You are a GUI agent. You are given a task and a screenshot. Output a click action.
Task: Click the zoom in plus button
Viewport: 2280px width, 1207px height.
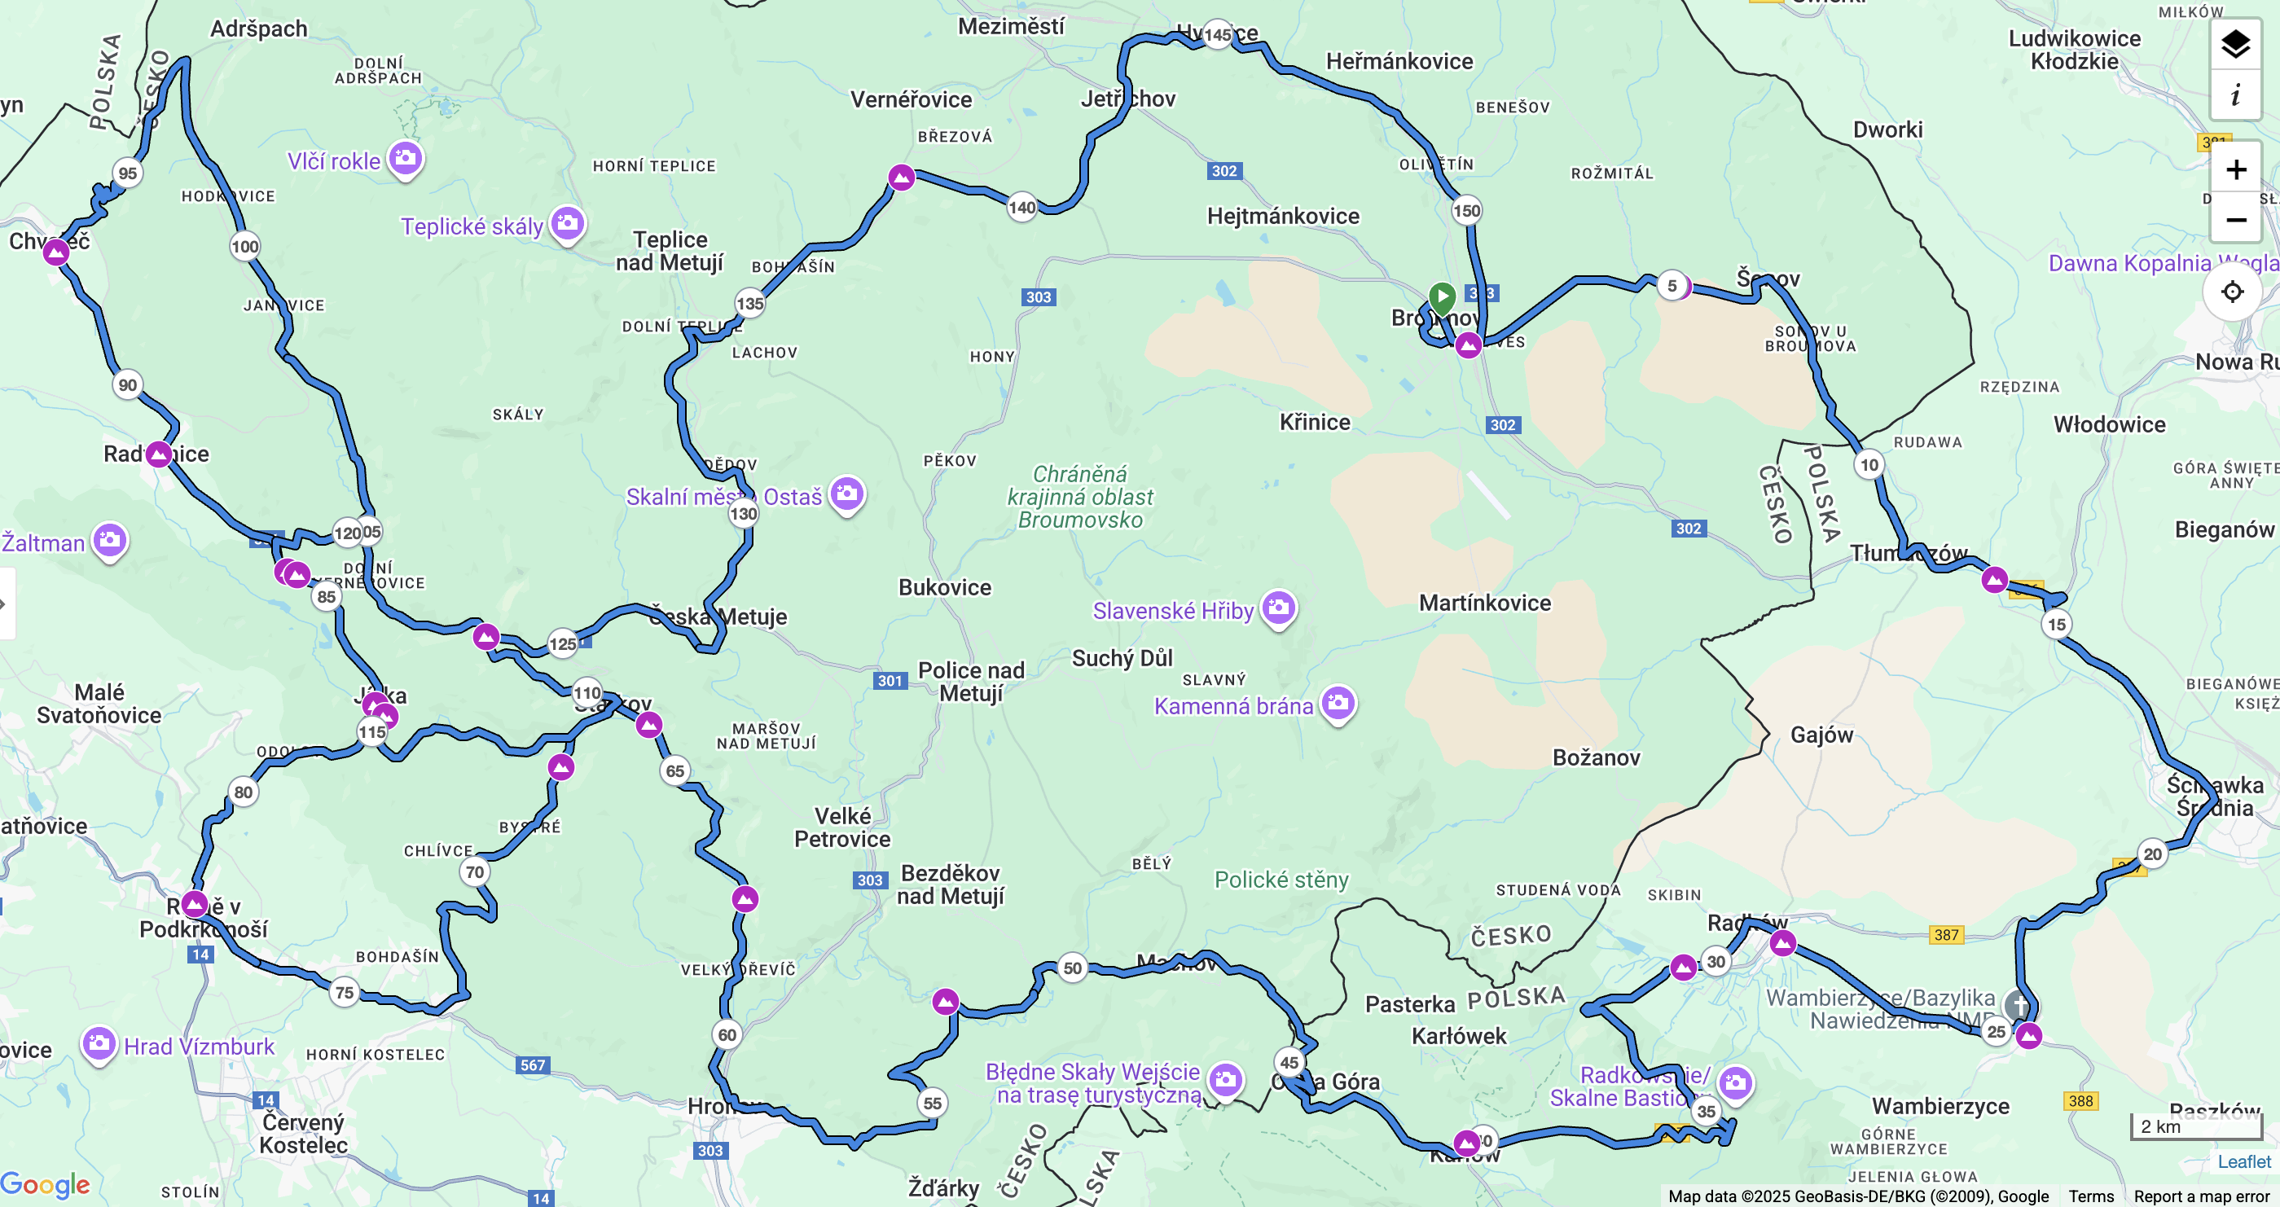(2236, 170)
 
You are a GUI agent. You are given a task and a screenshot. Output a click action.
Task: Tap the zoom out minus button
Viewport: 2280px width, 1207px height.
(2236, 219)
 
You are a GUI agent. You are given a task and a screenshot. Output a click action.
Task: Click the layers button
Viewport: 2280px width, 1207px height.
(2236, 43)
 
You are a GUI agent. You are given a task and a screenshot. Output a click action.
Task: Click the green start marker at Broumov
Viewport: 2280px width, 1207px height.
(1442, 297)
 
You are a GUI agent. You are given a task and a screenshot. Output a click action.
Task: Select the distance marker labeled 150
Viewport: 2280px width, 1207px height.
(1466, 211)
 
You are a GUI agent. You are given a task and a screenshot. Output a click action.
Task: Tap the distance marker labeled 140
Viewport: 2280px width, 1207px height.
(1021, 208)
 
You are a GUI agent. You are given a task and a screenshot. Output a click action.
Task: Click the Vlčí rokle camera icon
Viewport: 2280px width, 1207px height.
(406, 158)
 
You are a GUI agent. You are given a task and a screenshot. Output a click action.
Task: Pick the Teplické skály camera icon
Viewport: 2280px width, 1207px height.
(567, 223)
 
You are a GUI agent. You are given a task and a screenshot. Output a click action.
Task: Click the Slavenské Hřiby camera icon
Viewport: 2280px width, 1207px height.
(1278, 608)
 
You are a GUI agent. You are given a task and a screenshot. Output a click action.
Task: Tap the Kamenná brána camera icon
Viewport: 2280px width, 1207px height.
(1338, 704)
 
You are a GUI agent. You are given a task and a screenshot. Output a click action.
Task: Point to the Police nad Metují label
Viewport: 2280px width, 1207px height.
(971, 682)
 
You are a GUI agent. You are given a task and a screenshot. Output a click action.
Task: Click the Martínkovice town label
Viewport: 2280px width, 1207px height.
(1484, 603)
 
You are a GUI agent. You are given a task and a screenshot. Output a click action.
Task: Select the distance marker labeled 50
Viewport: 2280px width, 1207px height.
(1072, 968)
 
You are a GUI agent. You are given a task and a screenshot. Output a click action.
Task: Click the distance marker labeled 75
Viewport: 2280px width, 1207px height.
(345, 993)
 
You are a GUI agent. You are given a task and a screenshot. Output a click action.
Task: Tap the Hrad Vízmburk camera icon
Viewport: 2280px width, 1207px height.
(99, 1043)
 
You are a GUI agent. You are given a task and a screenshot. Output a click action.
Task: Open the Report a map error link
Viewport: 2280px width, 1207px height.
(2201, 1196)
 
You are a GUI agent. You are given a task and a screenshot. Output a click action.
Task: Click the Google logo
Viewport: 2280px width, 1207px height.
(45, 1184)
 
